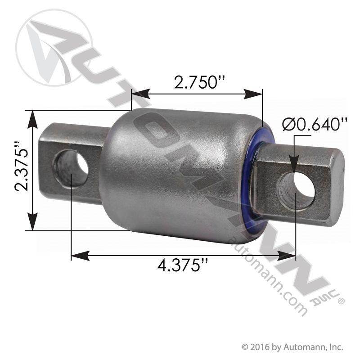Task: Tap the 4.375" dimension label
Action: pyautogui.click(x=183, y=265)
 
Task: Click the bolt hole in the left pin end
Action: pyautogui.click(x=71, y=168)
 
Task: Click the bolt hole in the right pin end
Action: pyautogui.click(x=296, y=188)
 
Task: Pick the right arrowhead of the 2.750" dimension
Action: pyautogui.click(x=253, y=94)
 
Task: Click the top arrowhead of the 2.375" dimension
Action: pyautogui.click(x=32, y=119)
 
